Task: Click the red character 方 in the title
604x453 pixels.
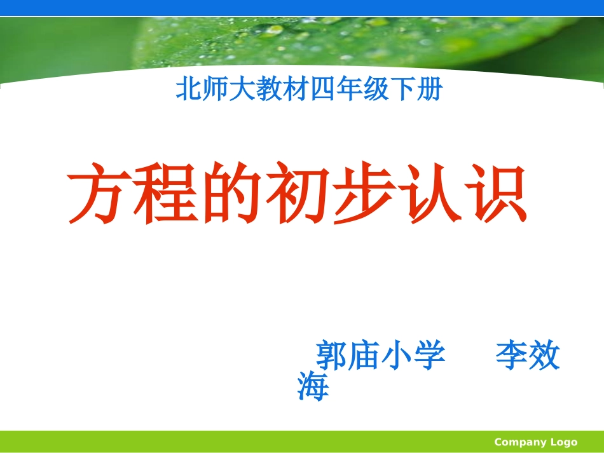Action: pos(101,194)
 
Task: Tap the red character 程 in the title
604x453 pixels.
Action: pos(167,194)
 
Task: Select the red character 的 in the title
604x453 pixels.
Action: pos(232,194)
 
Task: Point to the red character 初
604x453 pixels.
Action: pos(298,194)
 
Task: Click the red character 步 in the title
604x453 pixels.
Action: pos(363,194)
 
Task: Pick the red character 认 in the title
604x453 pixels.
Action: pos(429,194)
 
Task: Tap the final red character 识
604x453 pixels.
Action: pos(494,194)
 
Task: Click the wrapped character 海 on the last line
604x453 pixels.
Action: pos(313,386)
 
